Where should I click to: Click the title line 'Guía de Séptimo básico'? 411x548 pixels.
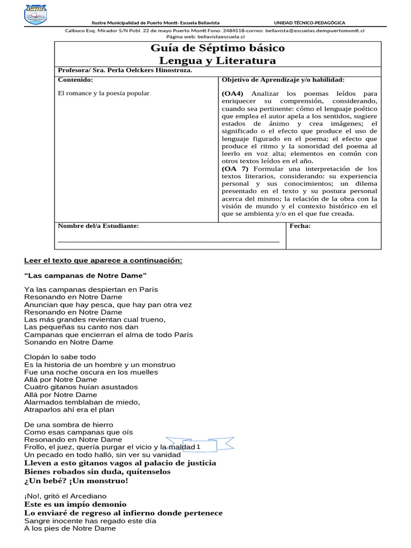click(x=218, y=48)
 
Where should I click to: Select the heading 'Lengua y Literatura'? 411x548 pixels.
click(x=218, y=60)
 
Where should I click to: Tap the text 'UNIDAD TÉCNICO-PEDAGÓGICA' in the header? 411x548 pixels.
click(x=309, y=22)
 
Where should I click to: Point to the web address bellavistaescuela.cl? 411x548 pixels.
click(x=213, y=36)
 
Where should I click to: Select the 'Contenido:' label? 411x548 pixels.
click(x=75, y=80)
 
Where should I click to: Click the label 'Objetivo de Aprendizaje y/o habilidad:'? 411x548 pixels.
click(x=283, y=80)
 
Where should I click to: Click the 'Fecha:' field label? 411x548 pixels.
click(x=300, y=226)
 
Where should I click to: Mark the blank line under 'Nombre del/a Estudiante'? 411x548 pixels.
click(x=168, y=241)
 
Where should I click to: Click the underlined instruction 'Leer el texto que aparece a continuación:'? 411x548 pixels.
click(x=103, y=261)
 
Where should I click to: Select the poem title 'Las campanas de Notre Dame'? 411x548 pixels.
click(x=86, y=276)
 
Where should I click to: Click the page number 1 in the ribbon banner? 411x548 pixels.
click(x=199, y=446)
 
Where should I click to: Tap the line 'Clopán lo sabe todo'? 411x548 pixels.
click(x=60, y=357)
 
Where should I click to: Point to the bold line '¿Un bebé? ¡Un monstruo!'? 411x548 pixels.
click(x=77, y=481)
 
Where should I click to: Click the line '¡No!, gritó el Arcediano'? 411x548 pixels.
click(x=65, y=496)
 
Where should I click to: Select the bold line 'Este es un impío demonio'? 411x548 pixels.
click(x=75, y=504)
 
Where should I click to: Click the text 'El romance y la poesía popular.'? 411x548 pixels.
click(x=104, y=93)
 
